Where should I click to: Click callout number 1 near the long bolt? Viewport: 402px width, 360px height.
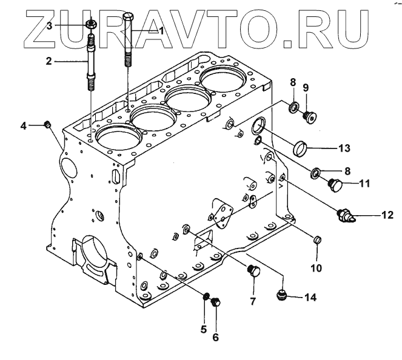(161, 30)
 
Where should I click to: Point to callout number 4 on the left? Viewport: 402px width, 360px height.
(24, 125)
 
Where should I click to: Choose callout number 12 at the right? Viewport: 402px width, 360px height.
(387, 215)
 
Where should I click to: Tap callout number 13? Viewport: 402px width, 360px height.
(343, 147)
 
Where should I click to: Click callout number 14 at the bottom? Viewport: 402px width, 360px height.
(310, 297)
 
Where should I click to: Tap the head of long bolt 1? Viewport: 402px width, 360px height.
(128, 16)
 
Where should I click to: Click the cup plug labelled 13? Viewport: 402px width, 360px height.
(301, 147)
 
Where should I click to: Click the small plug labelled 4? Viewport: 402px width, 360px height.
(47, 125)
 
